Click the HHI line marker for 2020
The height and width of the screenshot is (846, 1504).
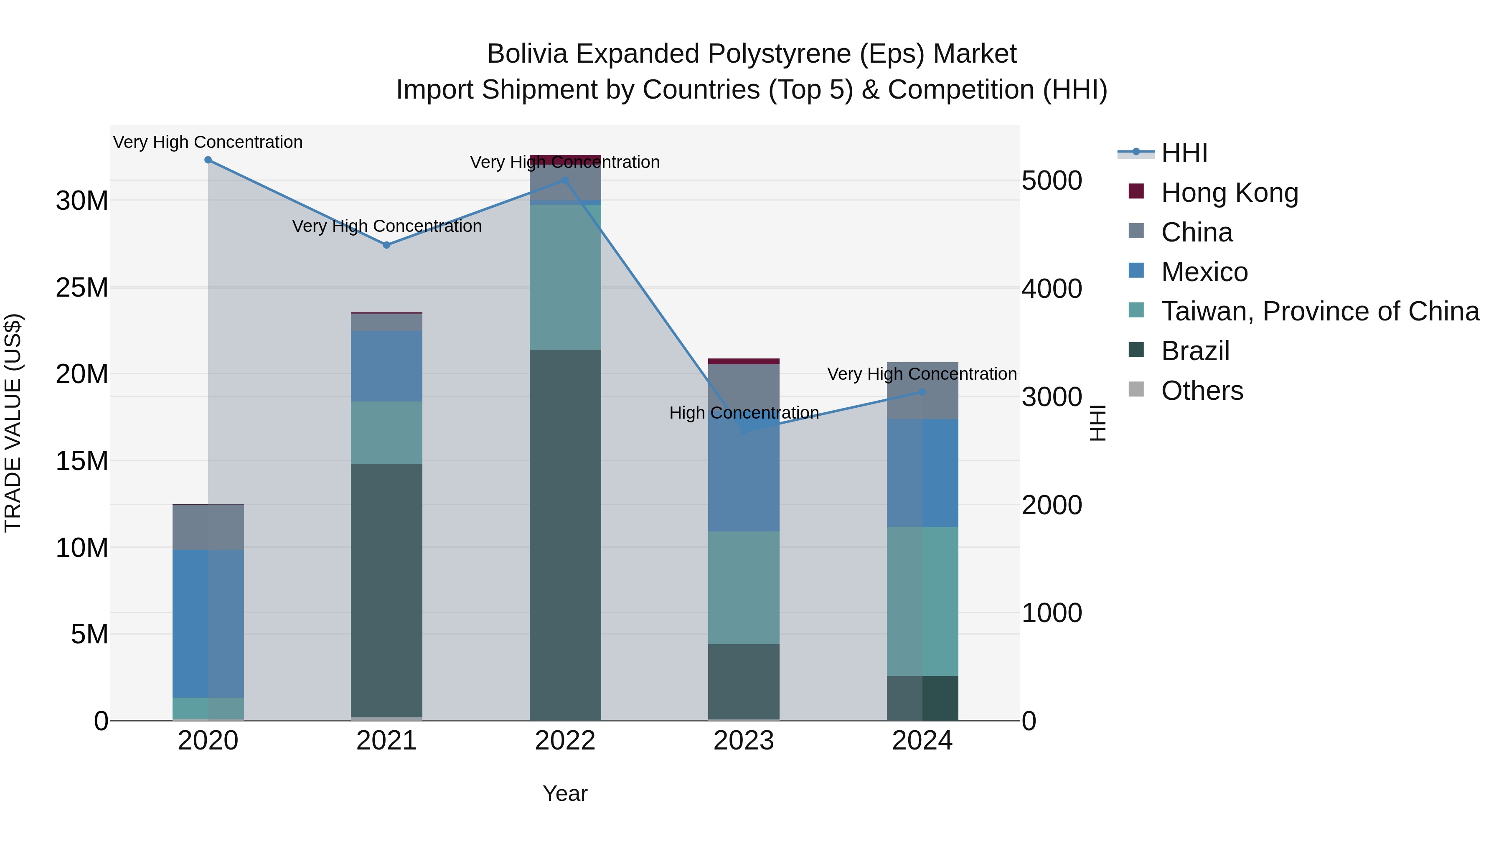208,160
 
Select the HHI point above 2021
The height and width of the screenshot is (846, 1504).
386,245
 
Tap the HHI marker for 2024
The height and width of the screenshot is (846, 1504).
922,392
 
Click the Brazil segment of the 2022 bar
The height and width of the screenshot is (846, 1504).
565,534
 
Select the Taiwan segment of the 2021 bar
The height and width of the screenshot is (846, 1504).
386,433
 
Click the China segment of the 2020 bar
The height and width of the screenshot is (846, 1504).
208,527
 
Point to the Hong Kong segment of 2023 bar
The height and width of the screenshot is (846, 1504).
743,361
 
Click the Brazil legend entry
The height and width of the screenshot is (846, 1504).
1195,351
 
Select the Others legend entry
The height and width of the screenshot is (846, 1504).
1202,391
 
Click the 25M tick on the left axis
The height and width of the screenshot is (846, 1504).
82,288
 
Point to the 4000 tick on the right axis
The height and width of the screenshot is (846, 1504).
1052,288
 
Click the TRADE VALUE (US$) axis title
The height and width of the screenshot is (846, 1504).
13,423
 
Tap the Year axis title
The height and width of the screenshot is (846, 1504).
564,793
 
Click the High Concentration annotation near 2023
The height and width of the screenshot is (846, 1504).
744,413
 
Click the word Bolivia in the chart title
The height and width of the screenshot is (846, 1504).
527,54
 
